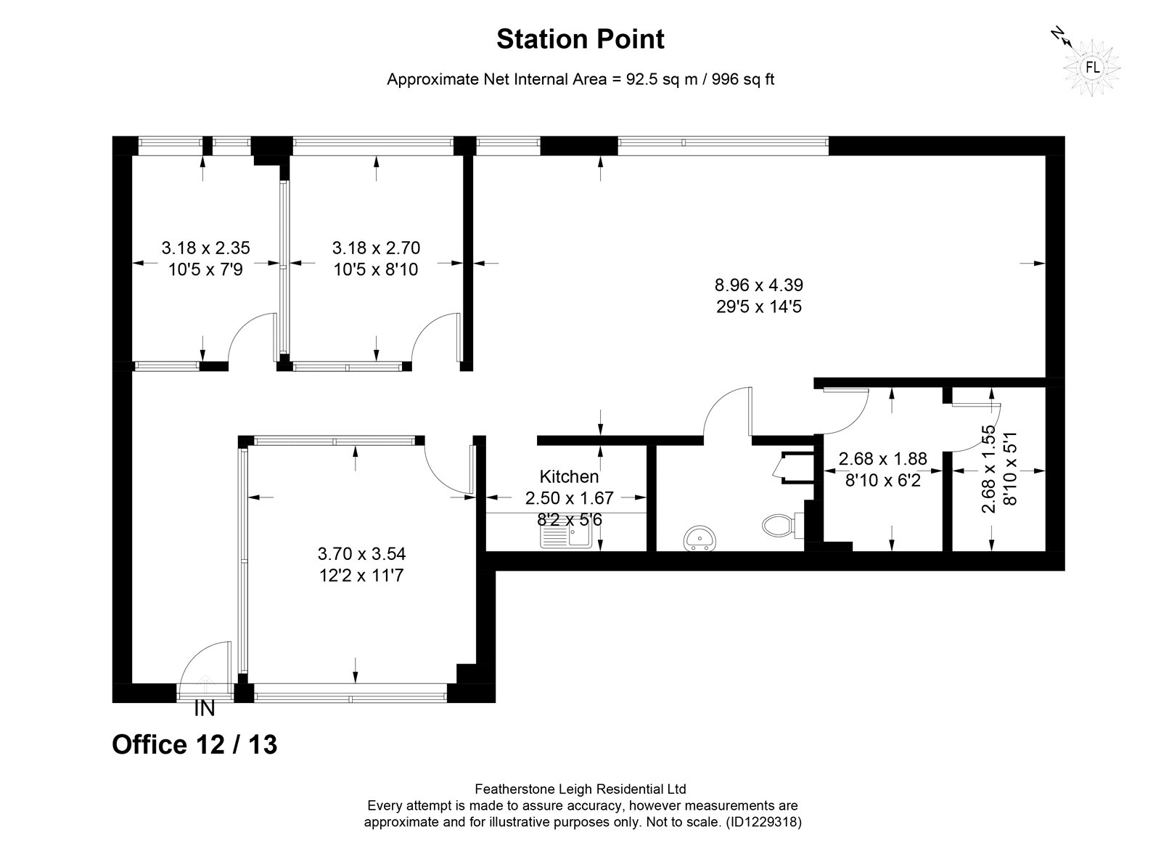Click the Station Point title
click(580, 39)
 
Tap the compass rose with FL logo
click(1092, 68)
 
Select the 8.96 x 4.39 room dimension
click(759, 285)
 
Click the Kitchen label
click(569, 476)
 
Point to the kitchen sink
click(565, 534)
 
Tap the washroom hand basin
click(700, 538)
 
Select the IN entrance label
click(204, 709)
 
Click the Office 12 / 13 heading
click(195, 744)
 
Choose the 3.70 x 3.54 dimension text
click(361, 553)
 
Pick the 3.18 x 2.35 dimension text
click(206, 248)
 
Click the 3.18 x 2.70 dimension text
click(376, 248)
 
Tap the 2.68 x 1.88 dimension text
click(882, 458)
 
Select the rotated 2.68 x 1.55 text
click(989, 469)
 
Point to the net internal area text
click(580, 79)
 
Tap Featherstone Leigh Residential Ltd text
click(580, 789)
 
